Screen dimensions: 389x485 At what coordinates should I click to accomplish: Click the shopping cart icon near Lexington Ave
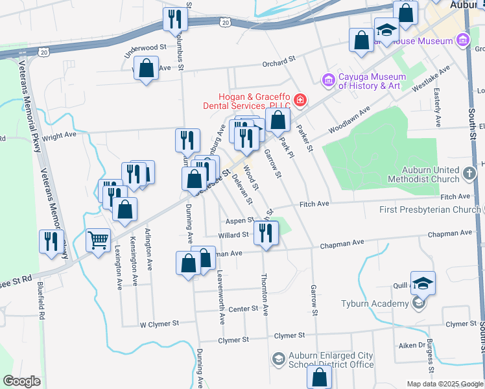point(98,240)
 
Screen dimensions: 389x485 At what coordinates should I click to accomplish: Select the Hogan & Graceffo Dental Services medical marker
point(300,100)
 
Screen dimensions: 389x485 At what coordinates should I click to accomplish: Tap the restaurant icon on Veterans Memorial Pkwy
point(51,241)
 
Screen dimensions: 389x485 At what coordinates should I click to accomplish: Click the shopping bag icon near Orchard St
point(147,67)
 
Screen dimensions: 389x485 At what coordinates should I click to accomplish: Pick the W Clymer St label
point(160,323)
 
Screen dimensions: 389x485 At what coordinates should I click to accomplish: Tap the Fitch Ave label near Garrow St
point(314,204)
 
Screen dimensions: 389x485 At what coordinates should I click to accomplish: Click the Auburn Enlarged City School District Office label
point(331,360)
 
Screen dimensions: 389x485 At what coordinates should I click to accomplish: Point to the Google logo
point(21,381)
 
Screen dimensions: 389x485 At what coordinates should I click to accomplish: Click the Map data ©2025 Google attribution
point(444,384)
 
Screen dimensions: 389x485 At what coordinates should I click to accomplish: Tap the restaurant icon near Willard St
point(266,232)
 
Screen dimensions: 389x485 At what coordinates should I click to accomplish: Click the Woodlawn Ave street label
point(349,121)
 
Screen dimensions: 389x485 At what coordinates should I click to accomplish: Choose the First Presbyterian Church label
point(429,209)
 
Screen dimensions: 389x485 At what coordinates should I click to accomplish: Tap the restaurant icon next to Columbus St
point(174,18)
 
